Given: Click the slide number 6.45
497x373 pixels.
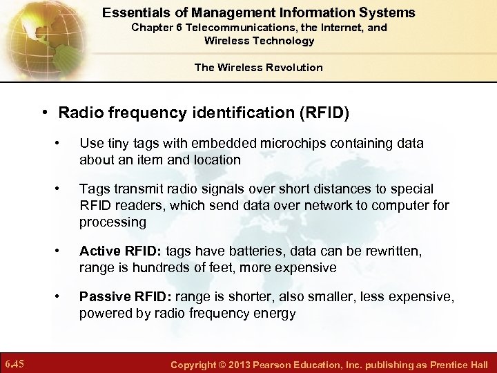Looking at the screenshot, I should pos(14,363).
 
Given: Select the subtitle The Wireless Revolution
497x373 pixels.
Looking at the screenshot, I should pos(258,67).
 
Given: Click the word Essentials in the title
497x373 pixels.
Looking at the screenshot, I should pos(133,12).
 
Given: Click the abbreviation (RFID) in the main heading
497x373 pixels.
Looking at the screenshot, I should pos(322,113).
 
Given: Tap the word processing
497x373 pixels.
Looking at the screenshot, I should pos(113,222).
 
